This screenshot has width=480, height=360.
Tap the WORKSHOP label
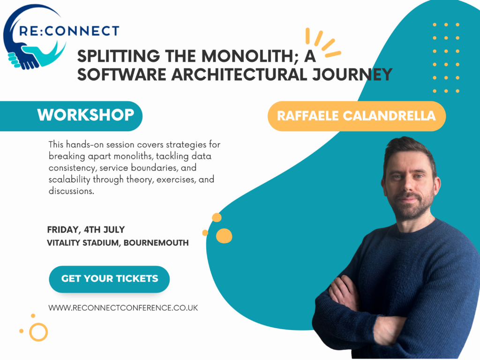click(86, 115)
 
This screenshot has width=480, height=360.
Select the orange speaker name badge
click(357, 116)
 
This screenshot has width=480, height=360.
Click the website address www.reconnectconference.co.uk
click(123, 307)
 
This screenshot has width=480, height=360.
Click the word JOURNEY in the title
click(352, 75)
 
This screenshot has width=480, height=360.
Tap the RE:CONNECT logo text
click(69, 31)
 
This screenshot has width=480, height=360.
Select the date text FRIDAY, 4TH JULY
click(86, 230)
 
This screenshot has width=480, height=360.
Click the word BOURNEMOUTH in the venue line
click(156, 243)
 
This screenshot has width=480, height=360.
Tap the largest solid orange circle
click(224, 236)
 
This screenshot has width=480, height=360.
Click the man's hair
click(409, 150)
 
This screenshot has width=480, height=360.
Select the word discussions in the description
click(71, 191)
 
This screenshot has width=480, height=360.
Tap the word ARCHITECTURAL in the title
click(239, 75)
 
